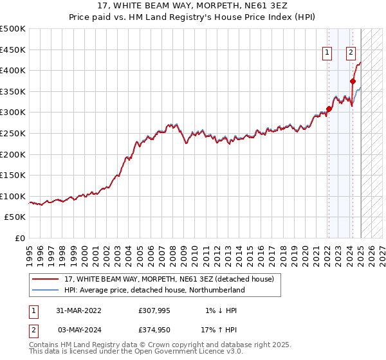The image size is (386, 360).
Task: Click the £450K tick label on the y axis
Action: point(13,50)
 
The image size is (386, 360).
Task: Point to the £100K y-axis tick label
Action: point(13,196)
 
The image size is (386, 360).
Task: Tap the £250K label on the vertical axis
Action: point(13,133)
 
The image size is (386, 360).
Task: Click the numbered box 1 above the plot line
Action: point(327,53)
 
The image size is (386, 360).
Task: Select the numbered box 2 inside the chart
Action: point(351,53)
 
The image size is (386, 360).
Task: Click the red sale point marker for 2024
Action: point(353,81)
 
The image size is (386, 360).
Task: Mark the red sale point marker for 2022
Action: point(329,109)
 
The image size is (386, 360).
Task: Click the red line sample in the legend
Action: point(45,279)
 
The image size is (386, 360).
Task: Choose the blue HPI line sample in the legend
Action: point(45,290)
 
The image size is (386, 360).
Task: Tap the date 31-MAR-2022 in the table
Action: point(79,310)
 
